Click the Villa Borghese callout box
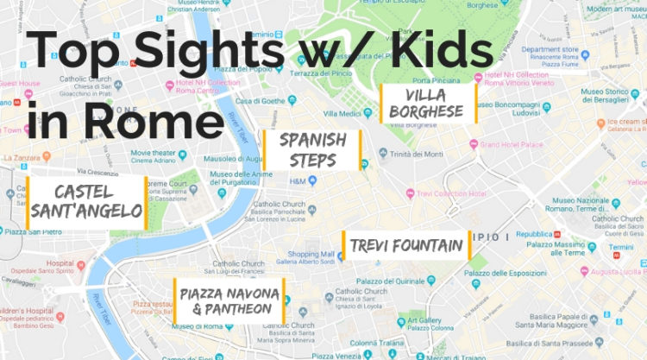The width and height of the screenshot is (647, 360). (x=429, y=104)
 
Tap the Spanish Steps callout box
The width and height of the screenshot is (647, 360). (x=311, y=150)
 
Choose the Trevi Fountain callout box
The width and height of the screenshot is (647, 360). (x=406, y=245)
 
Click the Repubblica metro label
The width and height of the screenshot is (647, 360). (x=532, y=233)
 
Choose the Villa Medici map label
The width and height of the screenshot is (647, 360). (x=342, y=113)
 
